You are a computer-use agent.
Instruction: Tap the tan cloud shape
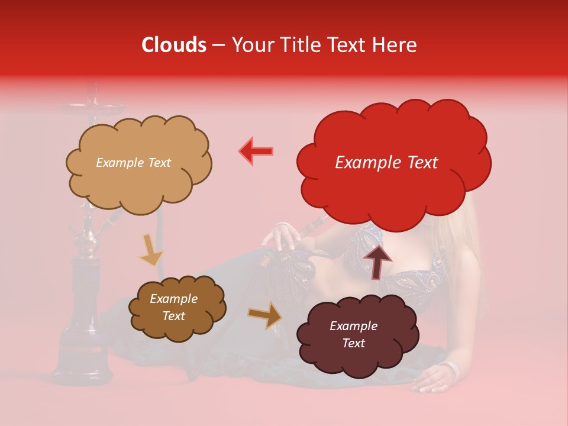(x=138, y=163)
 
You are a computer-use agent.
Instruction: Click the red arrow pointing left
(x=256, y=151)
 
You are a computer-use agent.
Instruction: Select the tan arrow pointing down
(x=151, y=250)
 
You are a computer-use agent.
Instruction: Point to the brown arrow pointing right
(x=265, y=315)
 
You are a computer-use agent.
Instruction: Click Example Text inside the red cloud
(x=386, y=163)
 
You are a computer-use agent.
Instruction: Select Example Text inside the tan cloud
(x=133, y=163)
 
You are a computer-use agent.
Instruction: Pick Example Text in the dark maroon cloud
(x=353, y=335)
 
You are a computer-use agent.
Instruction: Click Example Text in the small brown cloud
(x=173, y=308)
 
